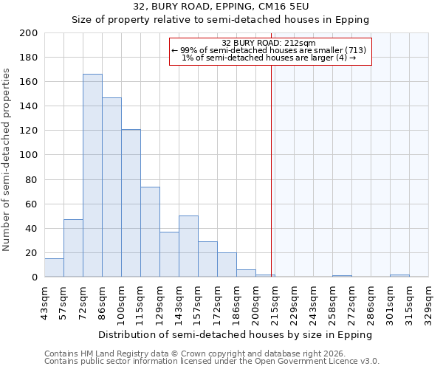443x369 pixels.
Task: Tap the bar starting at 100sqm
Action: point(131,203)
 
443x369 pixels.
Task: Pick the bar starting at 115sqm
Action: point(150,232)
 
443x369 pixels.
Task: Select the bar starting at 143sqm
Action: point(188,246)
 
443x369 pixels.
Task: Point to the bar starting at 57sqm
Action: point(73,248)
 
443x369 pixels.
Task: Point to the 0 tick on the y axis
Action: point(34,277)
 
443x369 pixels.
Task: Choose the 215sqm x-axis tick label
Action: point(275,303)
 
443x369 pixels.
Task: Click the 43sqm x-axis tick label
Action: point(45,303)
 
